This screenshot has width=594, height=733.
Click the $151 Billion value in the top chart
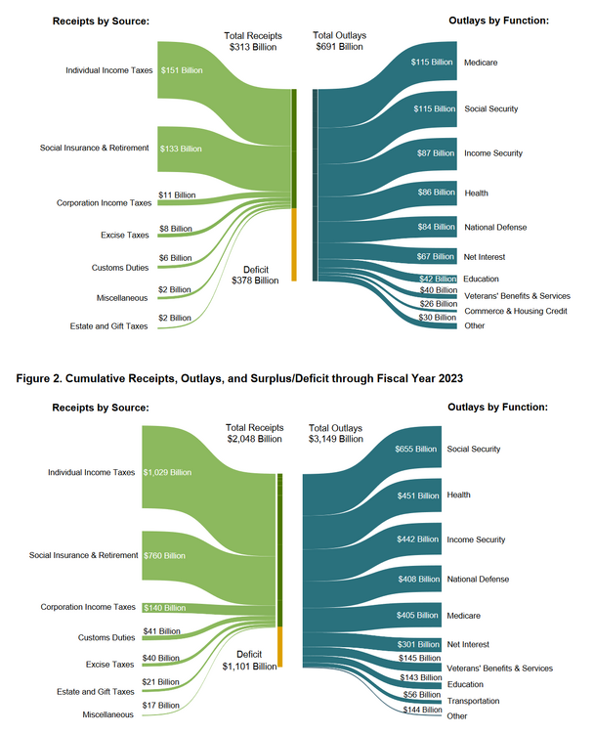[181, 70]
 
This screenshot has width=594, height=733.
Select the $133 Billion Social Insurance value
[181, 149]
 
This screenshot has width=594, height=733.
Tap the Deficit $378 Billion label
[255, 275]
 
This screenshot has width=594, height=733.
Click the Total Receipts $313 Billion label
[252, 40]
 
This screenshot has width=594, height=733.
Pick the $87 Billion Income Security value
[434, 153]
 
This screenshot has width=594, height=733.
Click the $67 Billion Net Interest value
[434, 257]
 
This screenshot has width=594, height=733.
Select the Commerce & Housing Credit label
[514, 311]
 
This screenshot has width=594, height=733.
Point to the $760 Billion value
[163, 555]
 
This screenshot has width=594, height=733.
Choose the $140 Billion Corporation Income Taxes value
[163, 607]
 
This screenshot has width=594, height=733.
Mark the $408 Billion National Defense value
[419, 580]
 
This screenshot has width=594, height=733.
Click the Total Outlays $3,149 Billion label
[336, 434]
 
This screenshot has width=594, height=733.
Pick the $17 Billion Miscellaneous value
[161, 705]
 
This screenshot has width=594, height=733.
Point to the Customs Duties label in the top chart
[119, 267]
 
